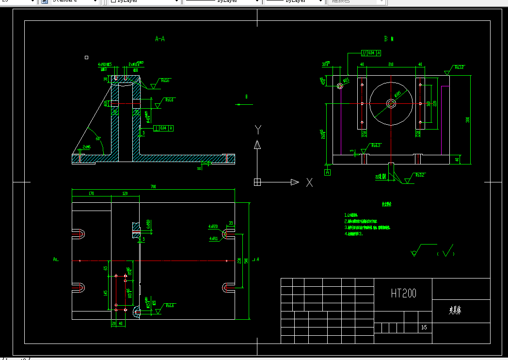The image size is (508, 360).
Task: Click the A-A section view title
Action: (x=160, y=38)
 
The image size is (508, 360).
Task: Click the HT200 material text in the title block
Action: (x=403, y=293)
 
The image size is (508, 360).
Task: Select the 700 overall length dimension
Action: (x=153, y=186)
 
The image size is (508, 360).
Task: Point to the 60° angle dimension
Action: (x=98, y=138)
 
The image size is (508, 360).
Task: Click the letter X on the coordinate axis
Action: (x=309, y=182)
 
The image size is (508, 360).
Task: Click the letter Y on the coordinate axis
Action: (x=258, y=130)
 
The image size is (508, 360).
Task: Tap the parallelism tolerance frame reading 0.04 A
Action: (x=371, y=52)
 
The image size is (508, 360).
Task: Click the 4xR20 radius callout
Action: (x=213, y=227)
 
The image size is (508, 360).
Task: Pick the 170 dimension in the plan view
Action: (x=91, y=193)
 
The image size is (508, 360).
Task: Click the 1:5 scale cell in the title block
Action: (x=424, y=328)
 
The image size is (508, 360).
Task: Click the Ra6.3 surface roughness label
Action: (x=376, y=145)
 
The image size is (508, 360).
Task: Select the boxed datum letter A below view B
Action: (x=328, y=172)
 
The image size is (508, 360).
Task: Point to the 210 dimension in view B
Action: (x=390, y=64)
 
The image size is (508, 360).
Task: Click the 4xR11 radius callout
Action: (x=213, y=239)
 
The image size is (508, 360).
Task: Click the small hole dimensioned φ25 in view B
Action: (x=340, y=86)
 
